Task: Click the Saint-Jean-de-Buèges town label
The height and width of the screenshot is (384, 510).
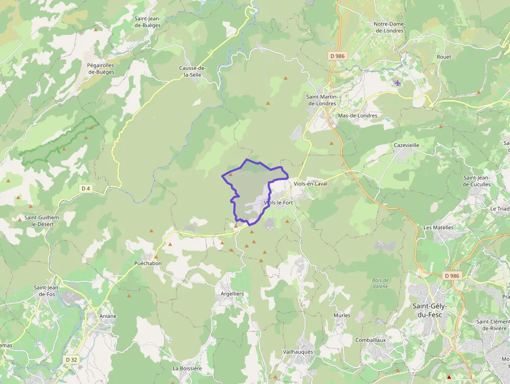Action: tap(147, 21)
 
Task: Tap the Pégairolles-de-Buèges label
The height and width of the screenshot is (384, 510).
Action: tap(101, 68)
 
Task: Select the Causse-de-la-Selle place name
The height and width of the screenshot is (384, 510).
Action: tap(193, 71)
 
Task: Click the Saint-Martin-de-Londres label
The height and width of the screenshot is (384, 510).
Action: tap(322, 100)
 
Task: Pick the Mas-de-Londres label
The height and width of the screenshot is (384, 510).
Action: tap(358, 116)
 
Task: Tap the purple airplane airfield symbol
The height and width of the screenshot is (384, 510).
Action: tap(398, 83)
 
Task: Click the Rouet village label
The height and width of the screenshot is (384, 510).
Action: tap(444, 57)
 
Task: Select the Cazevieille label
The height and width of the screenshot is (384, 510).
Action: tap(406, 145)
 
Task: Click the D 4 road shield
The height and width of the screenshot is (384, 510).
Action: tap(86, 188)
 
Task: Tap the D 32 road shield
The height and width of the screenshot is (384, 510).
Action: tap(71, 360)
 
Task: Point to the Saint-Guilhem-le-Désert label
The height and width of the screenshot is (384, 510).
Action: tap(43, 220)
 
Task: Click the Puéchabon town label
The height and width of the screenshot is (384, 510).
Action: tap(148, 263)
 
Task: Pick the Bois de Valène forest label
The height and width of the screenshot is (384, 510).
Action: tap(380, 283)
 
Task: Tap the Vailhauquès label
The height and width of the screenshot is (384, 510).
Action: tap(298, 352)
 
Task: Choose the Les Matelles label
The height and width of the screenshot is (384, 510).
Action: tap(438, 228)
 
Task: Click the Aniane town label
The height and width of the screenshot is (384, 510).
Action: tap(108, 316)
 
